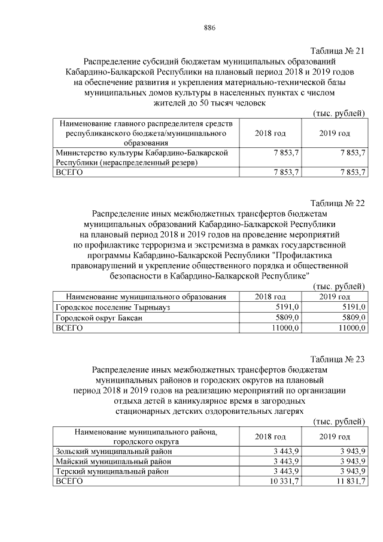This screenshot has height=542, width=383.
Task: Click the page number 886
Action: pos(209,28)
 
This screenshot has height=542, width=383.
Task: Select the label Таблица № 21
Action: pos(338,51)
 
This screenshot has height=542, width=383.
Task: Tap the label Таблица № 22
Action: pos(338,202)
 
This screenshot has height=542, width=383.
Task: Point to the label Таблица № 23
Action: pos(338,359)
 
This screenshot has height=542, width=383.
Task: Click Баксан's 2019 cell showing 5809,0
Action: pos(351,317)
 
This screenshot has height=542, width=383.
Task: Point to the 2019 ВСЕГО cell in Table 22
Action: pos(349,328)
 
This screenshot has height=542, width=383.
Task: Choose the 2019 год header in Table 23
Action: pos(335,436)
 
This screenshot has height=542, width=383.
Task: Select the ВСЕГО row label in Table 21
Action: pos(69,172)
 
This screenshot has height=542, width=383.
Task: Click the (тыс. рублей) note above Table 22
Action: pos(339,286)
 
